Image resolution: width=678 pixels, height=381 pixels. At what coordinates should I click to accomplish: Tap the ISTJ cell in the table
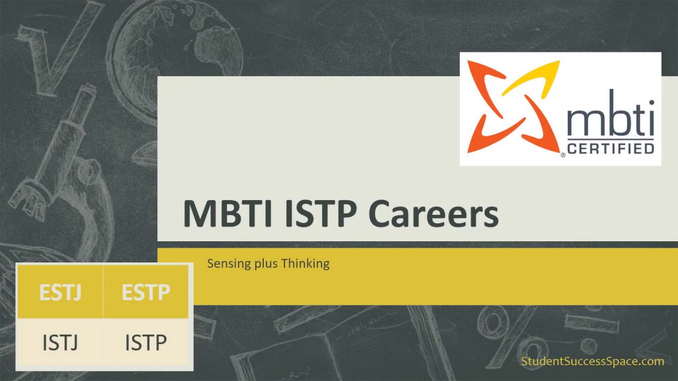point(60,342)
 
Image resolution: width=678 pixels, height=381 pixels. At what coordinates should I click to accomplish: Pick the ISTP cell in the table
point(146,342)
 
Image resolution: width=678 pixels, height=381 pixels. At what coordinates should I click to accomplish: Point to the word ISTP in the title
point(320,214)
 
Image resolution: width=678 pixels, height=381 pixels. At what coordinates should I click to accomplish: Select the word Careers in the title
point(433,214)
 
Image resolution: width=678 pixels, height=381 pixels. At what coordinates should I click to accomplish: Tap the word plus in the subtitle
point(266,264)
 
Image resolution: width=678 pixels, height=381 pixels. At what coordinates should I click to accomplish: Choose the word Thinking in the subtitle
point(306,264)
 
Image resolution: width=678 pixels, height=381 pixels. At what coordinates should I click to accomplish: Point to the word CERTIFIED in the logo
point(610,148)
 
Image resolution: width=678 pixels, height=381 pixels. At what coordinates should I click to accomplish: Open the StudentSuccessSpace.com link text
point(592,361)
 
